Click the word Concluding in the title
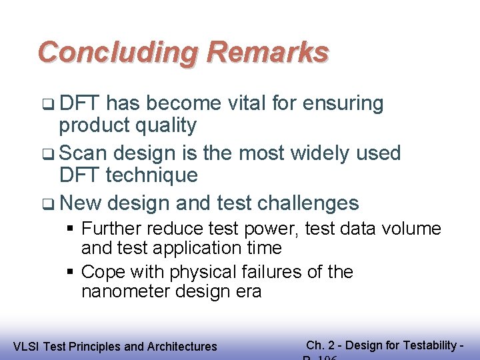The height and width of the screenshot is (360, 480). (x=117, y=52)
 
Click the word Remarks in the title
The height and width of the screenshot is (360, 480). (x=268, y=52)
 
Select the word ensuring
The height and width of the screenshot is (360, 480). (x=344, y=103)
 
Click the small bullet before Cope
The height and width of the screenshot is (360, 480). (x=70, y=273)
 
